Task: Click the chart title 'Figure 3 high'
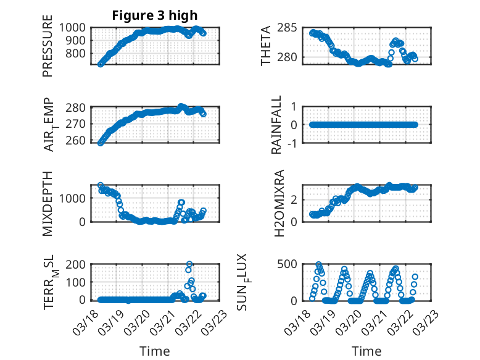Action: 155,15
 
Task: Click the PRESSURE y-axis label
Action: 48,50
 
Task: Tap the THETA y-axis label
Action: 266,46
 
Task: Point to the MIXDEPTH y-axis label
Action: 48,203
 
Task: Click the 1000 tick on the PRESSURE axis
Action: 75,28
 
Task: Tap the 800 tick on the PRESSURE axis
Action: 78,53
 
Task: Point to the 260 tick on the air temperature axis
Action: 78,141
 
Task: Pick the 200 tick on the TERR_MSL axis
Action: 78,264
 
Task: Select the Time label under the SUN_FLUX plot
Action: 366,351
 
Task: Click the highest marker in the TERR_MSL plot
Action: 189,264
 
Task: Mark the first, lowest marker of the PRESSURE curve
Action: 101,64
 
